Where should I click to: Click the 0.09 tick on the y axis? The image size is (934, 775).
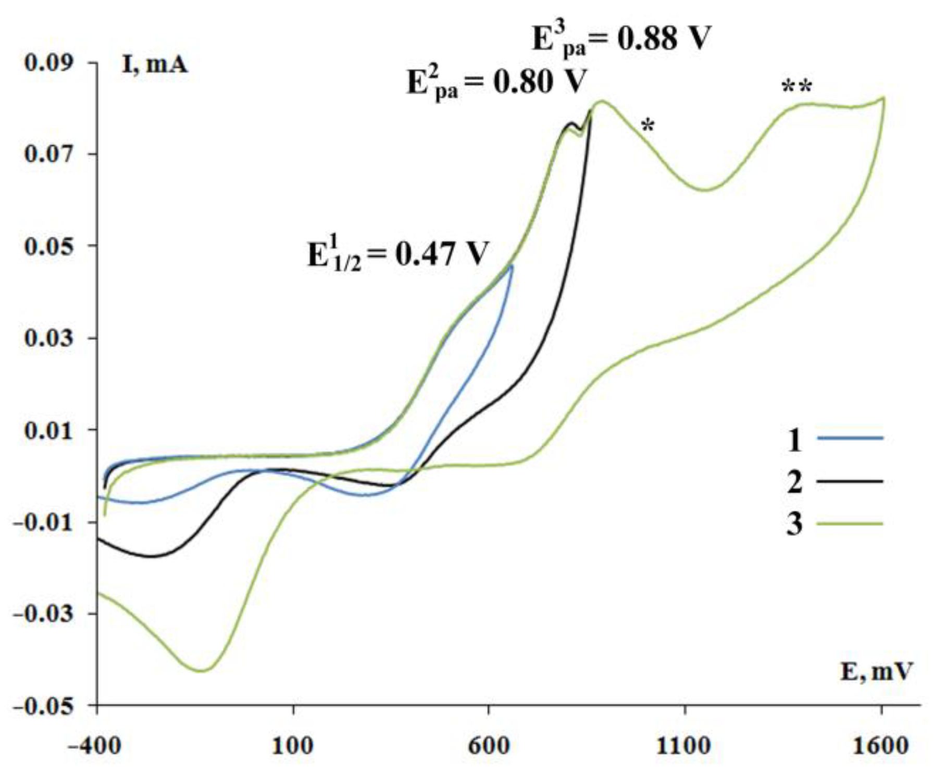(x=49, y=63)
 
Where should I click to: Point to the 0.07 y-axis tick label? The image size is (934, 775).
(x=49, y=154)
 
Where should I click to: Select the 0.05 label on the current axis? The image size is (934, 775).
(x=49, y=246)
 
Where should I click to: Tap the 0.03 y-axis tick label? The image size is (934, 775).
(x=49, y=338)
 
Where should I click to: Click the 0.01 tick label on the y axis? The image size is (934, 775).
(x=49, y=430)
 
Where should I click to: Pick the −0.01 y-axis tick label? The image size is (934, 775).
(x=45, y=522)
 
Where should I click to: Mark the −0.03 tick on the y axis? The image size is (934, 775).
(x=45, y=614)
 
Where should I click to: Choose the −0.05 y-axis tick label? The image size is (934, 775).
(x=45, y=706)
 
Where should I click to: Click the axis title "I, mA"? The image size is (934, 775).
(x=154, y=65)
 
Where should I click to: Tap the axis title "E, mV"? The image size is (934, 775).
(x=877, y=672)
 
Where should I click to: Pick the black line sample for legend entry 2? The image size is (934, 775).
(x=850, y=481)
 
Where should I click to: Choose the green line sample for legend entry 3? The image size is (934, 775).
(x=850, y=523)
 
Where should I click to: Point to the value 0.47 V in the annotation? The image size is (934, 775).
(x=442, y=254)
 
